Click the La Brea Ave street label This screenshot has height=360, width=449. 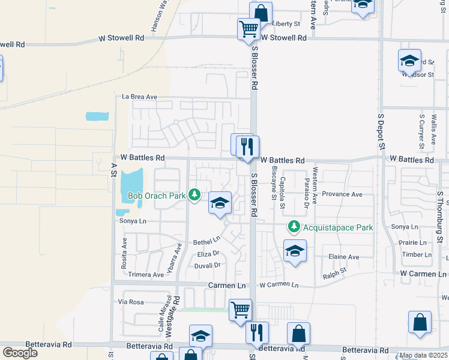tap(139, 97)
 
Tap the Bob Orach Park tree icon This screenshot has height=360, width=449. tap(194, 194)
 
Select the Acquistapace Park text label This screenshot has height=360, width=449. tap(339, 227)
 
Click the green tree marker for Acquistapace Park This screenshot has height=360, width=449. tap(294, 227)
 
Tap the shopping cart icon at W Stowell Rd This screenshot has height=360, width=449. tap(249, 28)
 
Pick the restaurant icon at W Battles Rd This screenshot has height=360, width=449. tap(246, 146)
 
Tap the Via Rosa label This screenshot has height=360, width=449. tap(133, 302)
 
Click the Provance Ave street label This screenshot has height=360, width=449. tap(342, 194)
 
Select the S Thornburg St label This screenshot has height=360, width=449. tap(440, 219)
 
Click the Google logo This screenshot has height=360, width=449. tap(20, 352)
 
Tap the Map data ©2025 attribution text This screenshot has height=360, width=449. tap(423, 355)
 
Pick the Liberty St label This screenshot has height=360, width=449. tap(286, 24)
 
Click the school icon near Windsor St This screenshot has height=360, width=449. tap(409, 61)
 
